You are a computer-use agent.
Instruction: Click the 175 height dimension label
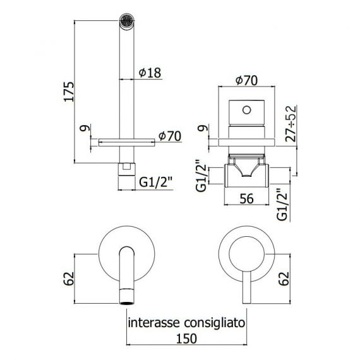69,92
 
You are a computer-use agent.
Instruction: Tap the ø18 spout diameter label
150,73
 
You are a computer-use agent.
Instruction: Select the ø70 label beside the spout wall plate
170,136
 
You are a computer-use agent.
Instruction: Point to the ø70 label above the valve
246,80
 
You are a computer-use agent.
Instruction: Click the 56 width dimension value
246,198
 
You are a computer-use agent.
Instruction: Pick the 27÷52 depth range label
291,124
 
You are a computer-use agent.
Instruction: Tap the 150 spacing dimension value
186,339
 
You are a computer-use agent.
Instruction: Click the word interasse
154,323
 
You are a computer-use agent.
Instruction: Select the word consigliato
215,323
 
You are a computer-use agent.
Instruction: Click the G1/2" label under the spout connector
155,183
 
